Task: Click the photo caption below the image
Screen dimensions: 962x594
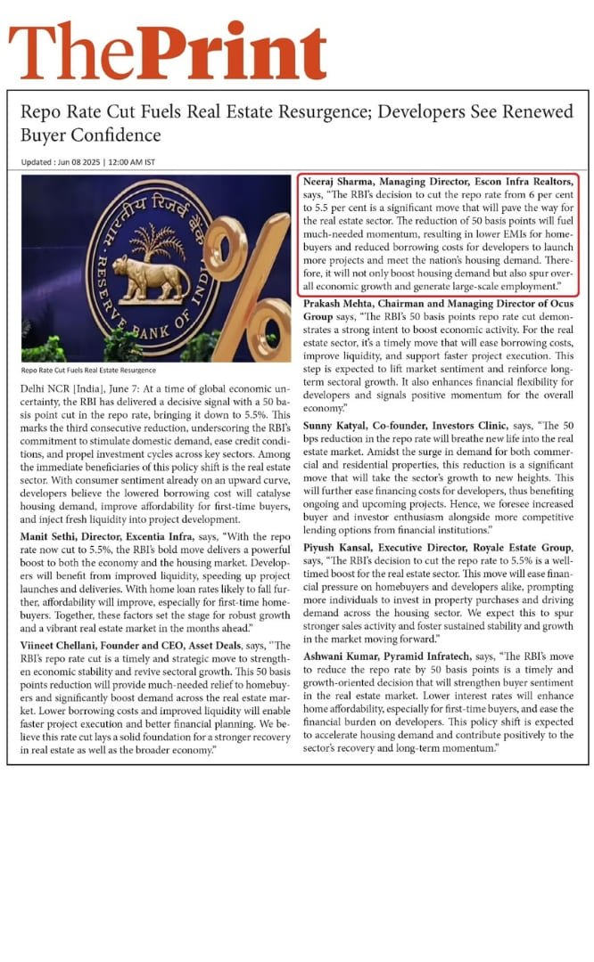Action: pyautogui.click(x=88, y=371)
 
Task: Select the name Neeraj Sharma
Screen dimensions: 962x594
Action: pyautogui.click(x=340, y=181)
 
